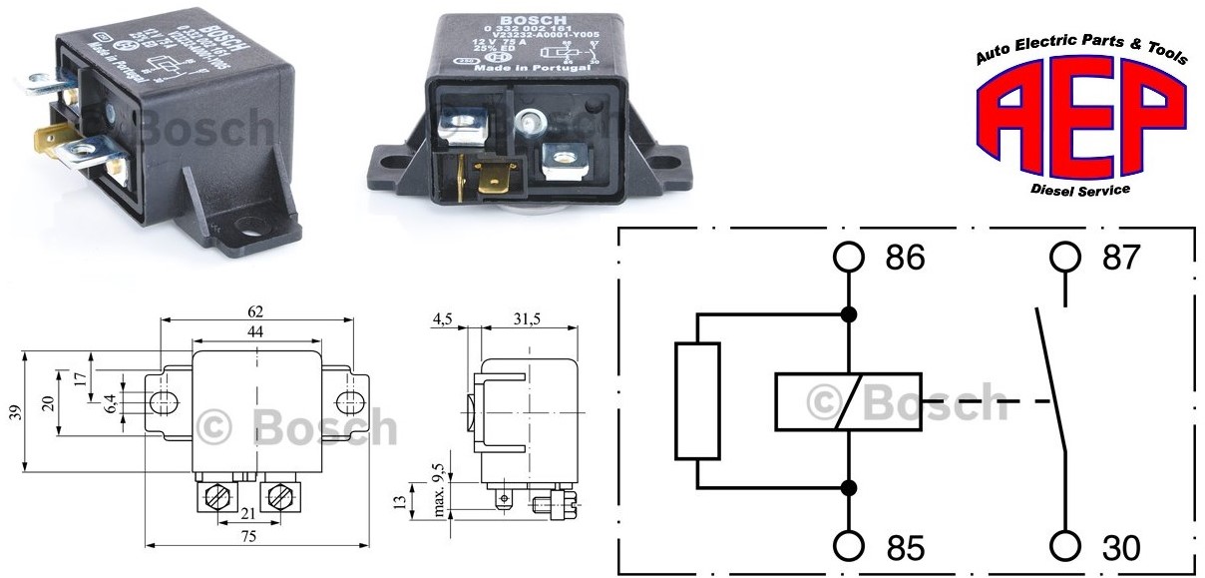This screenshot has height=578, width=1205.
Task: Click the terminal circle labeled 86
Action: [849, 258]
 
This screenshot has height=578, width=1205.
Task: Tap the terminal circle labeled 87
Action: [1065, 258]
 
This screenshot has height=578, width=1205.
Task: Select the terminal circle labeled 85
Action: [849, 547]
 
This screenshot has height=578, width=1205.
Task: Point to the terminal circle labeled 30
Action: [1065, 547]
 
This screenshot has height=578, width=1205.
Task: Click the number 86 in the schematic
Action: [905, 259]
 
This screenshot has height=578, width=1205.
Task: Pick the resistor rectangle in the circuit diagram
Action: [696, 401]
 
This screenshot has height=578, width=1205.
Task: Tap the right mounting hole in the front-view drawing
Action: [347, 401]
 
